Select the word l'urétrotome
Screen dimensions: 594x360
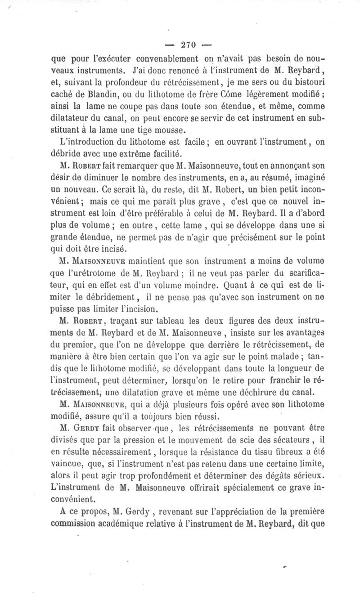click(x=101, y=272)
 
